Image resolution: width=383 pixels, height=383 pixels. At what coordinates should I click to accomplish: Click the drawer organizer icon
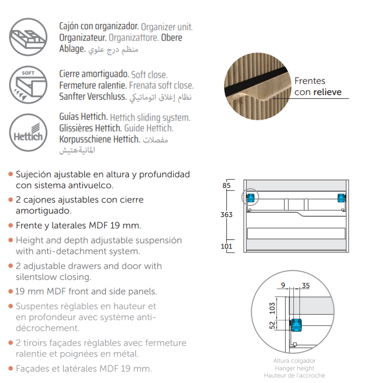coord(28,37)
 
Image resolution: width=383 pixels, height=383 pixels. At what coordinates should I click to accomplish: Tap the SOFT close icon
coord(28,85)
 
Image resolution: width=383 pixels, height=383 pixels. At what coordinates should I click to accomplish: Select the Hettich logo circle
coord(28,133)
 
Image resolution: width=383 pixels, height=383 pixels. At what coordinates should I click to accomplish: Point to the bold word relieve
coord(327,92)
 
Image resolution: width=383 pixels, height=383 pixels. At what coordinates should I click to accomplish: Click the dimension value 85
coord(227,185)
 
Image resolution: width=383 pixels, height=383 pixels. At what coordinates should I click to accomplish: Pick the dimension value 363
coord(227,215)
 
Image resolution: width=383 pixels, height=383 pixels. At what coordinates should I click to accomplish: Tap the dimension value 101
coord(227,246)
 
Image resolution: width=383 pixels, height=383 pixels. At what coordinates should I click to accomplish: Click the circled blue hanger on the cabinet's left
coord(251,198)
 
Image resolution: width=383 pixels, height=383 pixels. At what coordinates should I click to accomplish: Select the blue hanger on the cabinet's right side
coord(341,198)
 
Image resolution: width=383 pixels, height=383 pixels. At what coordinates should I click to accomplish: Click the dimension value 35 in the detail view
coord(305,286)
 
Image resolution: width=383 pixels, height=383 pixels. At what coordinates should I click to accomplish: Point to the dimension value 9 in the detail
coord(283,285)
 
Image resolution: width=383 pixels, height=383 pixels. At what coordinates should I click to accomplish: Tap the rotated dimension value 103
coord(272,308)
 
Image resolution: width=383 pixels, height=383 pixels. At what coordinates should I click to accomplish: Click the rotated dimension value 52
coord(272,325)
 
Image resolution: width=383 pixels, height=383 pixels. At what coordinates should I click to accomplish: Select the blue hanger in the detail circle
coord(297,325)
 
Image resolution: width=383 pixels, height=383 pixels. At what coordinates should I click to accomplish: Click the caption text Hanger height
coord(295,368)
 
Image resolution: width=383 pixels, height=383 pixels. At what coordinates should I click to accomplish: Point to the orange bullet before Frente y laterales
coord(11,225)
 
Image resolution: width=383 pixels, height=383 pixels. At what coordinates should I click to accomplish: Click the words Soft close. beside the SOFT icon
coord(149,75)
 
